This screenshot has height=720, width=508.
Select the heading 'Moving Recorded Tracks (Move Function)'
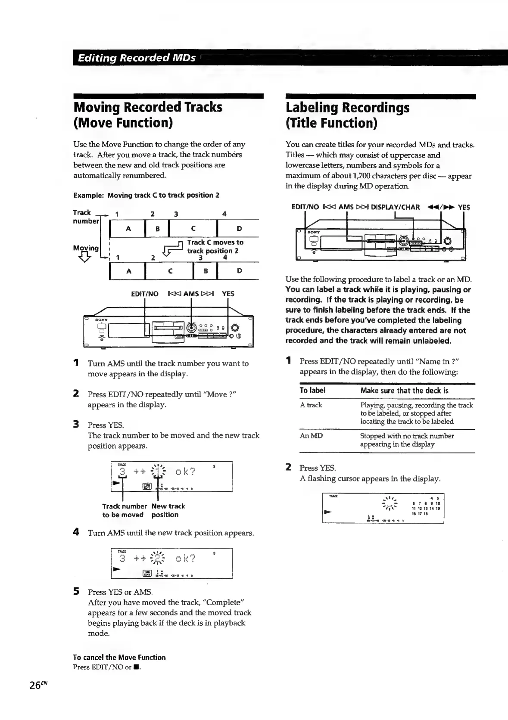148,115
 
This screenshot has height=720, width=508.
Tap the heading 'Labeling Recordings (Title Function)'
347,115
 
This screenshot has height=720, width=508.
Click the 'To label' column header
312,391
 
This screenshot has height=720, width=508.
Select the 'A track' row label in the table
311,405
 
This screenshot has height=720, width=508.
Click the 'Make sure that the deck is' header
404,391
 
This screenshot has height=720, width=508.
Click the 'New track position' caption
168,510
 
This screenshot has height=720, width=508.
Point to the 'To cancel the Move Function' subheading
119,658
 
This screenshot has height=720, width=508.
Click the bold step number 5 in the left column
76,592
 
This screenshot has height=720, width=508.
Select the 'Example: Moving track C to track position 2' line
146,195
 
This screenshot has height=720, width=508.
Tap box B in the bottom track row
206,271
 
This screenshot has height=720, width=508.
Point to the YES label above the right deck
464,207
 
